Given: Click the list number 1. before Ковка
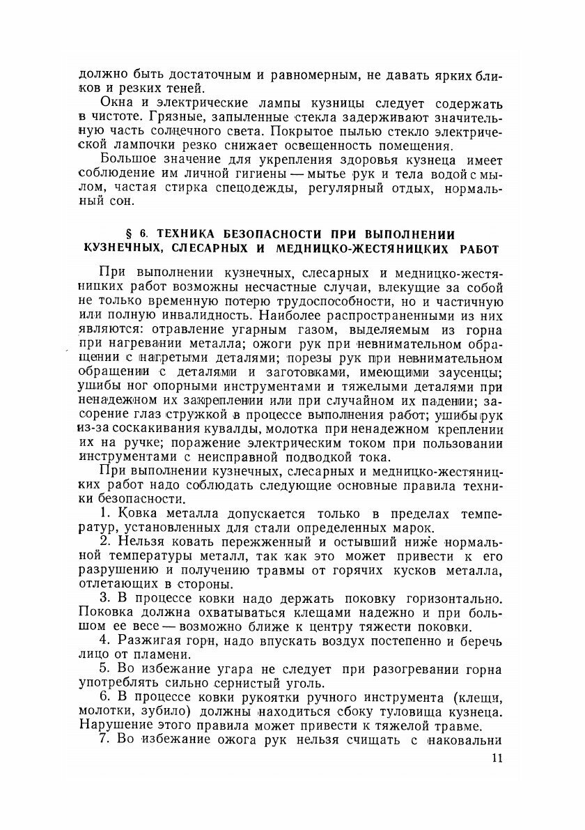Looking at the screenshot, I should pos(106,516).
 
